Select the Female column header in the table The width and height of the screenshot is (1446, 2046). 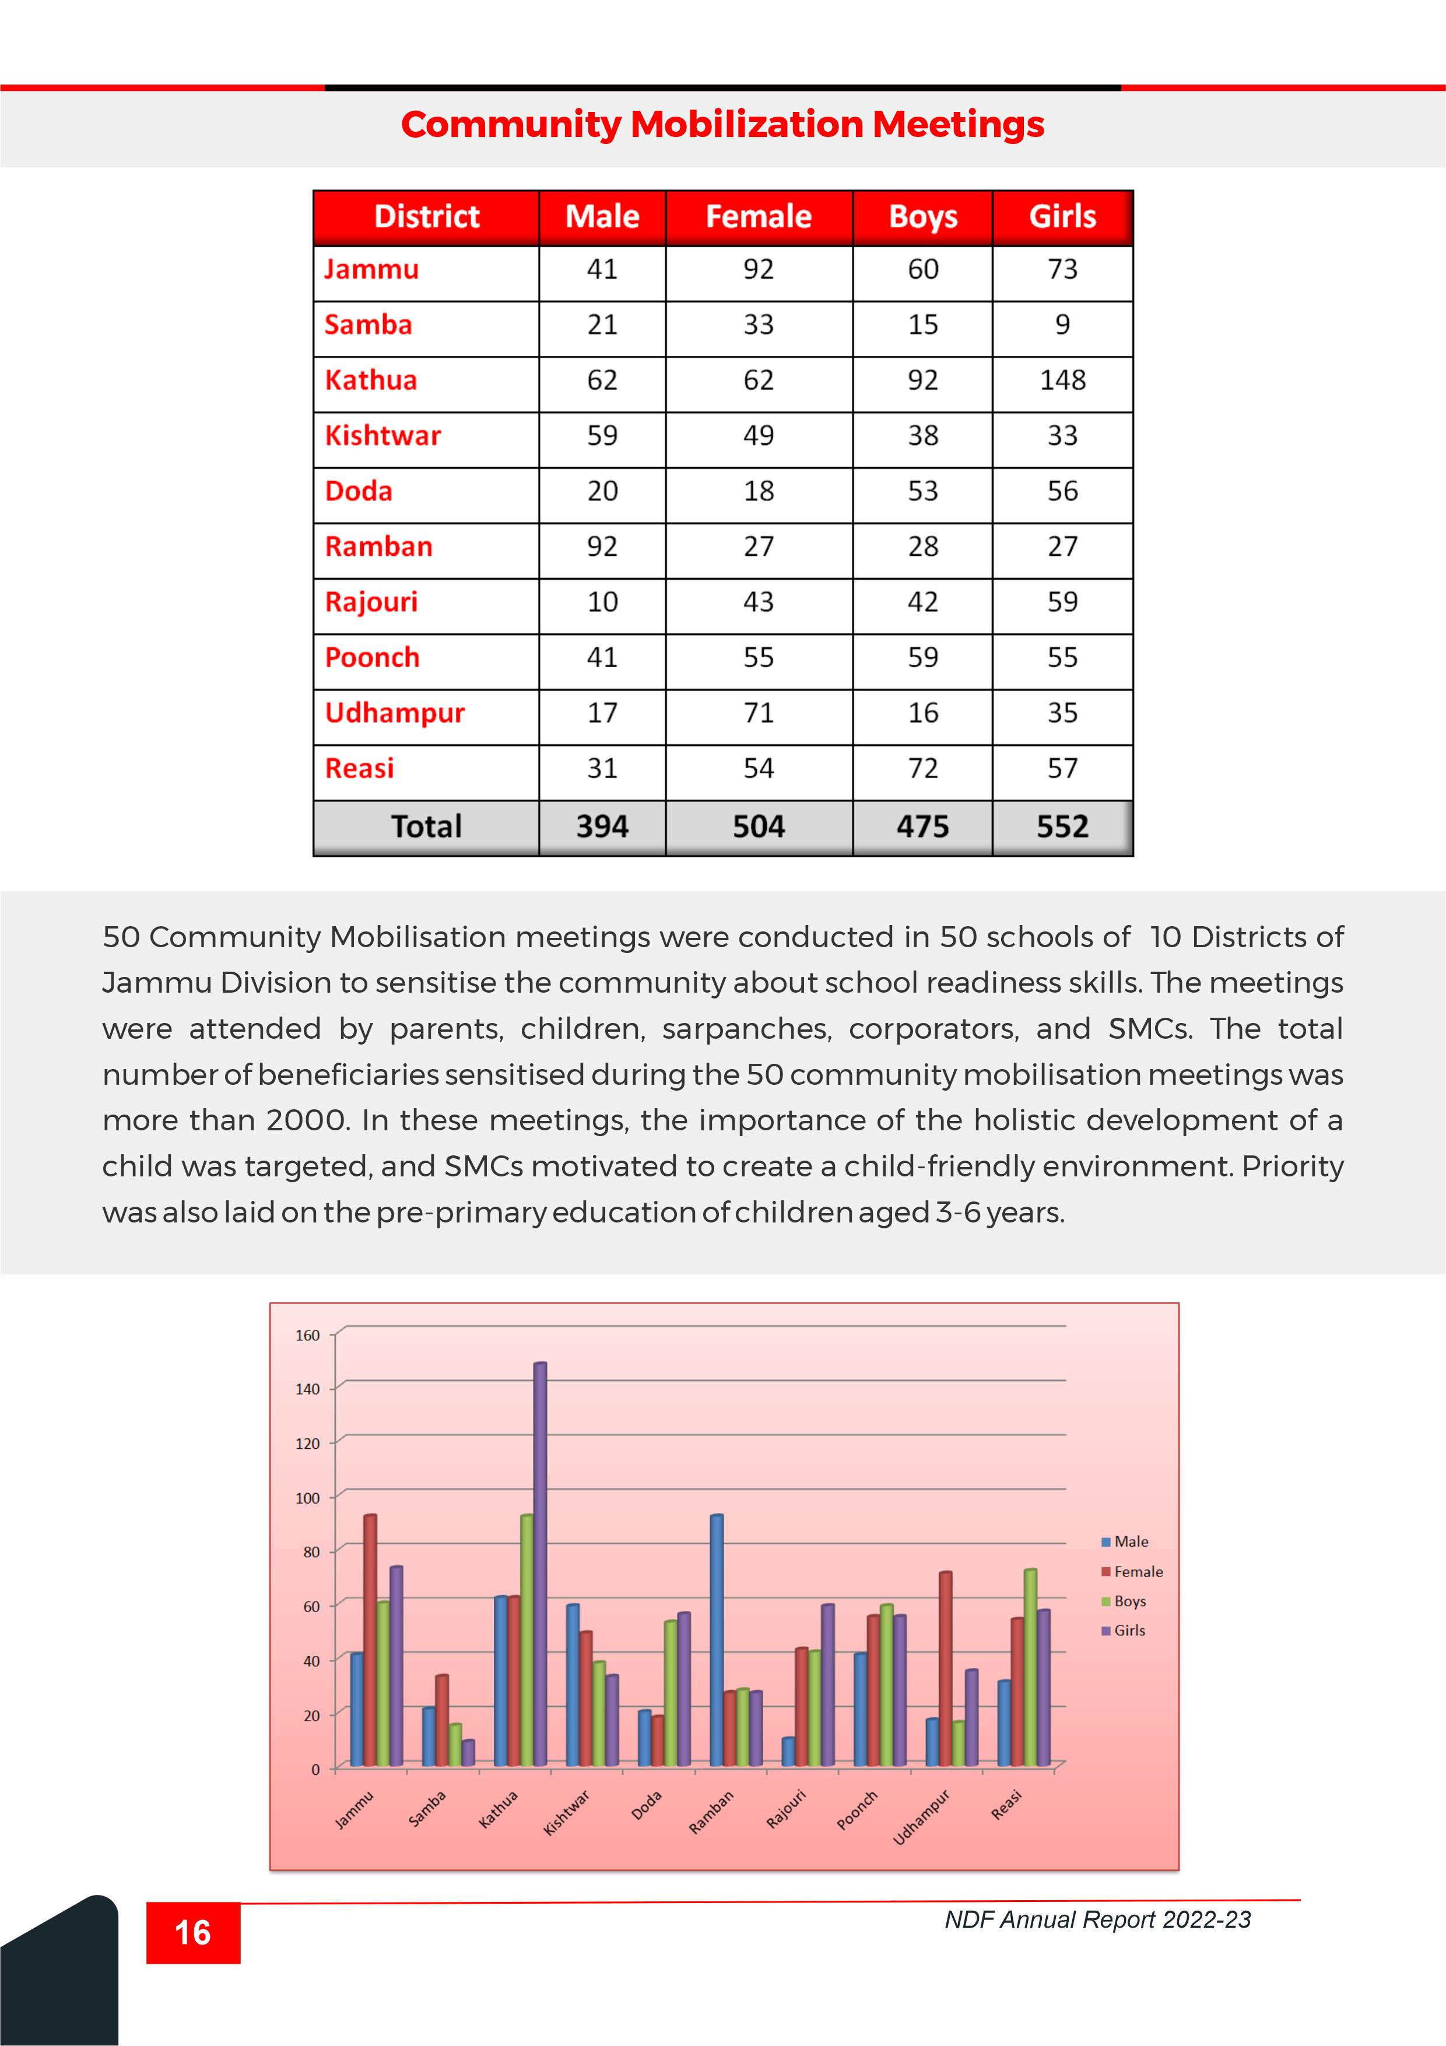(x=758, y=216)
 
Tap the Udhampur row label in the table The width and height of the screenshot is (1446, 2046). (x=395, y=713)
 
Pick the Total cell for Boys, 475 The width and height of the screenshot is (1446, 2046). (x=922, y=827)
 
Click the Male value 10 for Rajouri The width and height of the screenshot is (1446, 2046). (x=602, y=602)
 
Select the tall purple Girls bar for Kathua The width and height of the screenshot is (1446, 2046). (x=540, y=1564)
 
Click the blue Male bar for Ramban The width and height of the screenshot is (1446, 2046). (x=717, y=1639)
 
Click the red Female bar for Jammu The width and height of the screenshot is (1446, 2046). (x=370, y=1639)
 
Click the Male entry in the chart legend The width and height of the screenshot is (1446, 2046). (x=1131, y=1541)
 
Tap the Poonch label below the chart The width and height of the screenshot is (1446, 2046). (x=857, y=1810)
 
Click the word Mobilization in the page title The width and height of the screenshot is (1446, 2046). (x=746, y=125)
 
